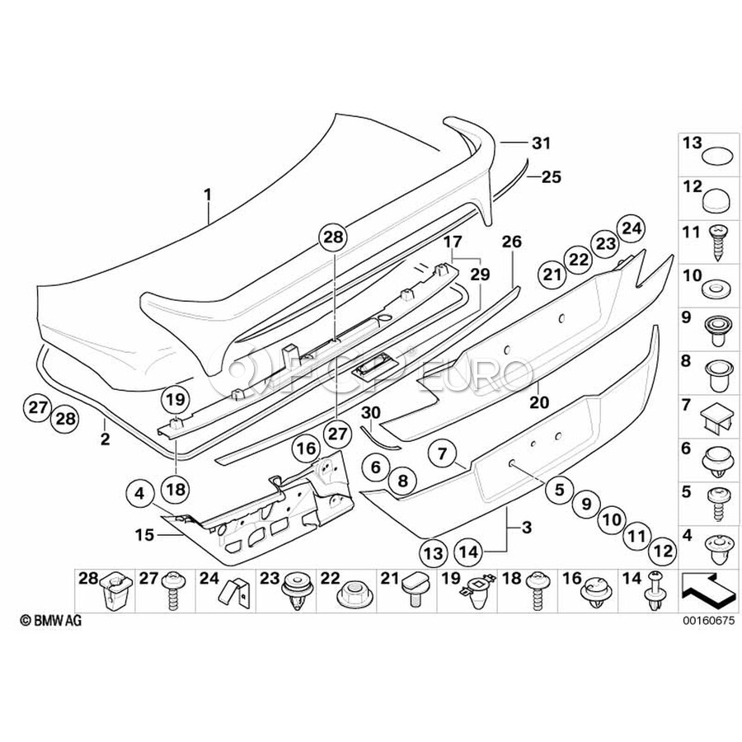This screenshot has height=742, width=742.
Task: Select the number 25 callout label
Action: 551,176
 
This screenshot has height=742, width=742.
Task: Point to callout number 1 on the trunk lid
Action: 208,195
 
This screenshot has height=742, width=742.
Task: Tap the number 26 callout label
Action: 512,242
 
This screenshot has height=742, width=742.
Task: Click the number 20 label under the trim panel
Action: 538,402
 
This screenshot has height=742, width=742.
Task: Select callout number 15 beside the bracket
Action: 145,534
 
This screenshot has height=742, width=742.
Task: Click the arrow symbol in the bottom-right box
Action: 707,586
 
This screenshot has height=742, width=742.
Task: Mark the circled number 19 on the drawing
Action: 176,401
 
